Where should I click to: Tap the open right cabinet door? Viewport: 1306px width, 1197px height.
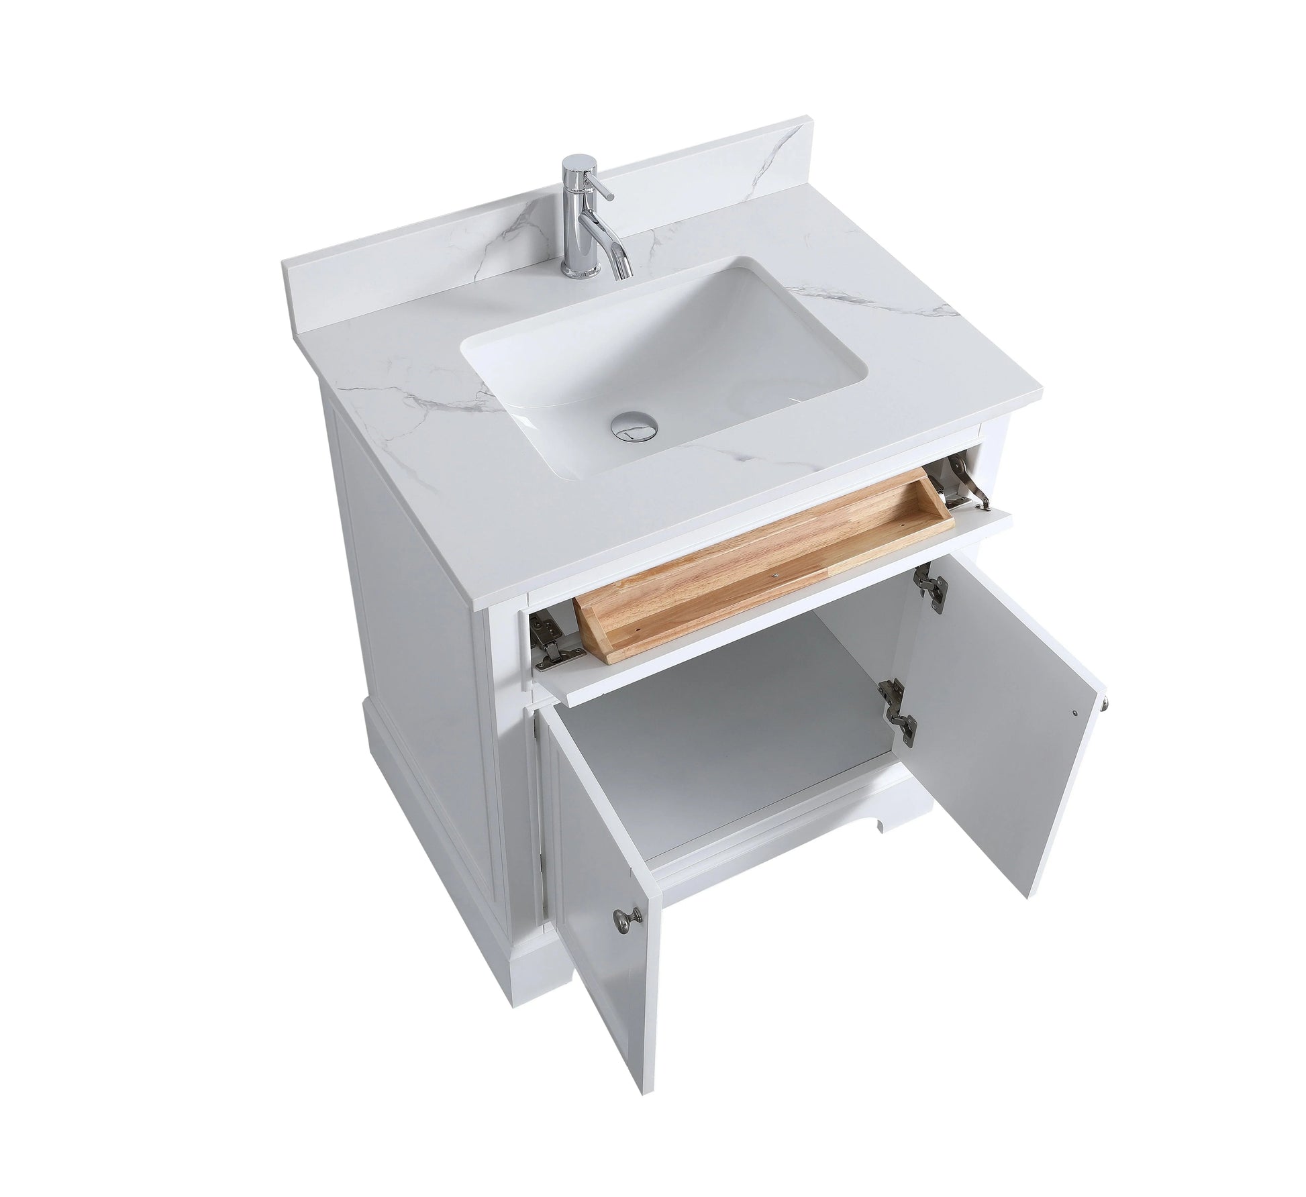[1007, 711]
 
